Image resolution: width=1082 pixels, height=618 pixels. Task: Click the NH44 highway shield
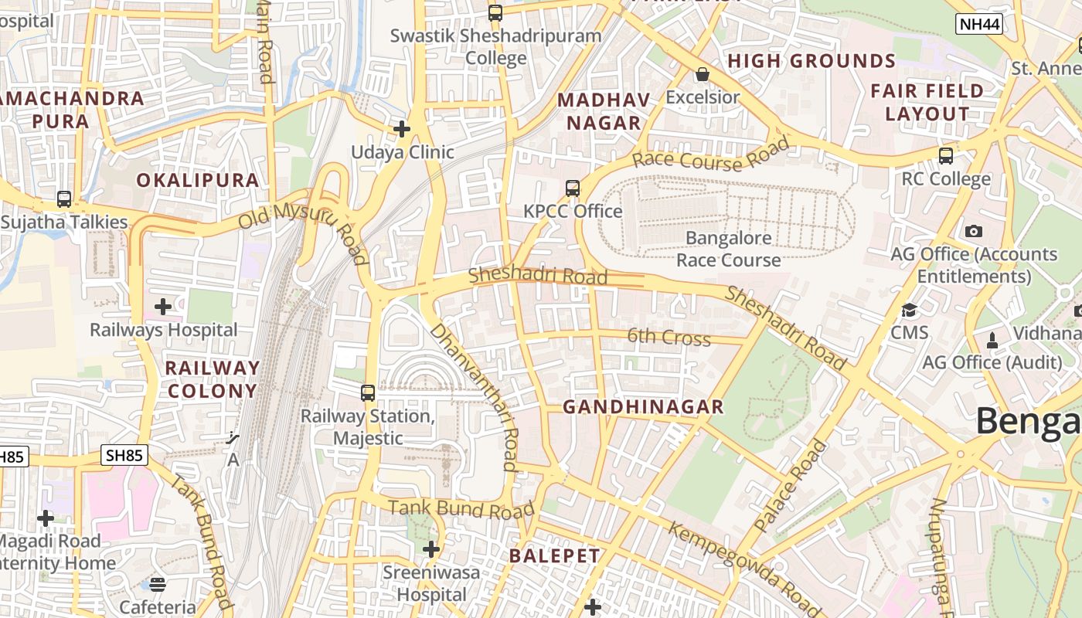click(979, 24)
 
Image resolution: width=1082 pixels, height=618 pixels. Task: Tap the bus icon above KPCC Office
click(572, 188)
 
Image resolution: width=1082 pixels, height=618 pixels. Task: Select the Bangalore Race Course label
click(729, 249)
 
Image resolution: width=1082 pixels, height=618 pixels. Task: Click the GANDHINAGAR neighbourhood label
click(643, 407)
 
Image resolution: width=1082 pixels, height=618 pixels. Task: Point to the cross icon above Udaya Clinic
click(402, 128)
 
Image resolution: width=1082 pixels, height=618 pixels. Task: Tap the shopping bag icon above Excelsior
click(703, 74)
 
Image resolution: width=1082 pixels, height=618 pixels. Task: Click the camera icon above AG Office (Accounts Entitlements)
click(974, 231)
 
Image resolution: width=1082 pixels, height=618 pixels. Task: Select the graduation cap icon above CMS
click(909, 311)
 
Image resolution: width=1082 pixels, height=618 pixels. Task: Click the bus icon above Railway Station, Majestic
click(368, 392)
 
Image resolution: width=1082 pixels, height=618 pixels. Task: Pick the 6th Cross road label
click(669, 337)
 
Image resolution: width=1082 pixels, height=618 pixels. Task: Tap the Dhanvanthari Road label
click(474, 396)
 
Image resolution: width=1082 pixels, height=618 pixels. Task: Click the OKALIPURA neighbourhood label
click(198, 180)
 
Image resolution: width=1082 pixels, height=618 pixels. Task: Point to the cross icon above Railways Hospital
click(163, 307)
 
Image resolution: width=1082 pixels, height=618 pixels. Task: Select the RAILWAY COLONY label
click(212, 379)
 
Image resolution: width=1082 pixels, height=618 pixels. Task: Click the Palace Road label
click(790, 486)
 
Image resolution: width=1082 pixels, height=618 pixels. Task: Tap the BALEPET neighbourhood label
click(554, 555)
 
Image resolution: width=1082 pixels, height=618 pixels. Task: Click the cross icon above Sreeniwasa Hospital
click(431, 549)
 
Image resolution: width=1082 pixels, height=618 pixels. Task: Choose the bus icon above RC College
click(945, 156)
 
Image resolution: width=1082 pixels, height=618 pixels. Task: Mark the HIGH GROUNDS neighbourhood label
click(811, 61)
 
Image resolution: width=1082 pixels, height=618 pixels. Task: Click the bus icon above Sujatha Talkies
click(64, 199)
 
